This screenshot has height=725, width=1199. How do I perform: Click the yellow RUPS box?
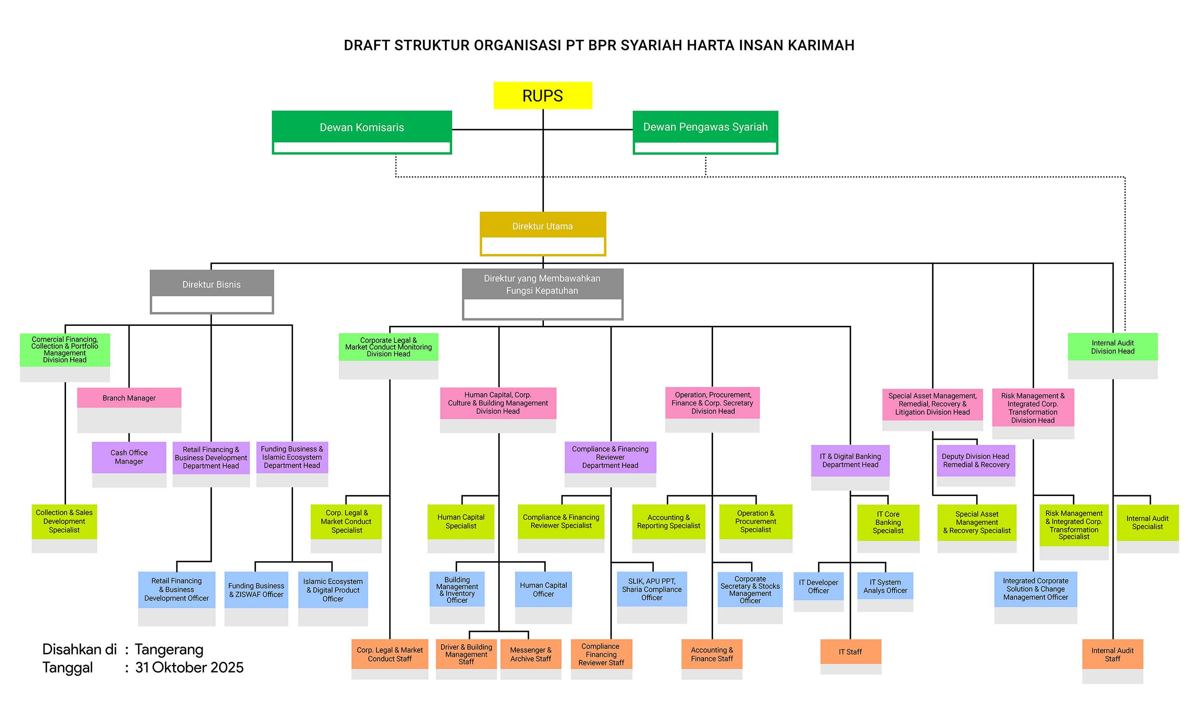543,95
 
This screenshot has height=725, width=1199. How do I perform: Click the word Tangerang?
169,650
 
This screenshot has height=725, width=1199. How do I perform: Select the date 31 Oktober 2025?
189,667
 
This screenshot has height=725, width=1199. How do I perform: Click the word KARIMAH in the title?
821,45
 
